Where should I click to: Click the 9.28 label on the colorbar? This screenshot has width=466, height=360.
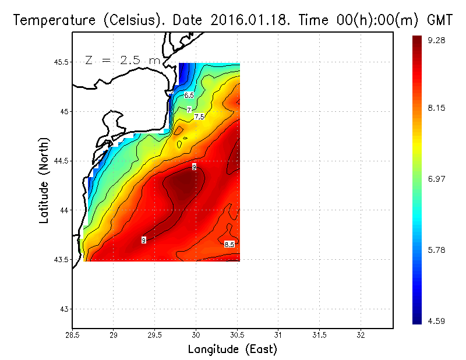pos(436,40)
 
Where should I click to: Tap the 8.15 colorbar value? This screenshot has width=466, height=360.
pos(436,108)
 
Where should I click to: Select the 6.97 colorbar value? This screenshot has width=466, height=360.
pos(436,179)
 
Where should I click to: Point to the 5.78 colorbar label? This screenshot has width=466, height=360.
pos(436,250)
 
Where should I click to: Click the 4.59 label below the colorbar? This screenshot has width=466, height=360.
pos(436,320)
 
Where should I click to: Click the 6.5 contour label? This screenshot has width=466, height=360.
pos(189,95)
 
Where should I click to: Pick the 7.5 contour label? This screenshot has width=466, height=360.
pos(199,117)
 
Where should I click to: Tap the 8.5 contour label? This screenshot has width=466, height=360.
pos(229,244)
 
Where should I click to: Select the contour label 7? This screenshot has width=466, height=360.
pos(189,110)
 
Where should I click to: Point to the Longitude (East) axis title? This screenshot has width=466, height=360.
pos(232,350)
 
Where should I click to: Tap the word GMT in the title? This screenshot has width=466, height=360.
pos(440,20)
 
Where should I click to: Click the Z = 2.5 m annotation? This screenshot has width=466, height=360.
pos(122,60)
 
